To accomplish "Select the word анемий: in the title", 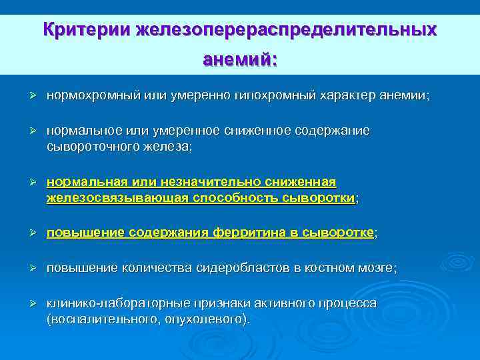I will pos(240,60).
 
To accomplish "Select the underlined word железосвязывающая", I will pos(117,198).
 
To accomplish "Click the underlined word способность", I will pos(233,198).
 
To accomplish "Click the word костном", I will pos(325,268).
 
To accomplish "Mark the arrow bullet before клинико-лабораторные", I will pos(31,303).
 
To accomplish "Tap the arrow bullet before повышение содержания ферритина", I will pos(31,233).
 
